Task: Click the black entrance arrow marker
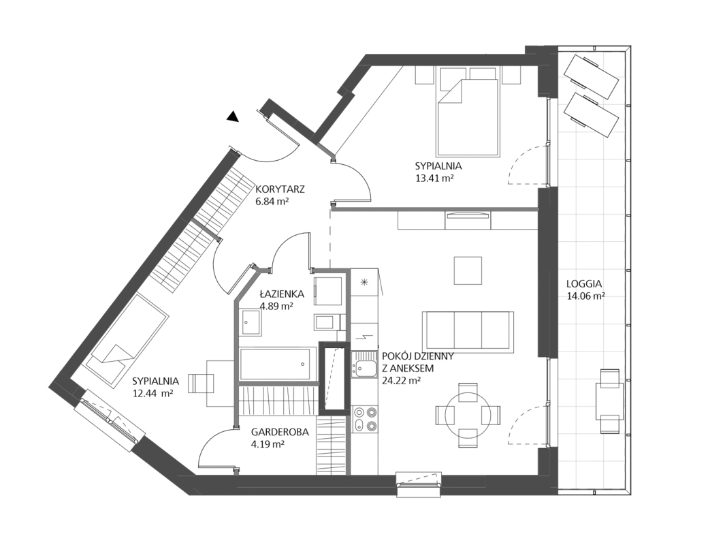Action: click(233, 117)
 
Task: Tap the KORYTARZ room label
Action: click(279, 189)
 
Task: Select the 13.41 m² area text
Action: click(434, 178)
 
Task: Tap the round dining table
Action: click(468, 414)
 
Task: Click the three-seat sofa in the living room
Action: click(468, 331)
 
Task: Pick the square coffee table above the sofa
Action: click(468, 270)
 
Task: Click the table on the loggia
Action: click(609, 401)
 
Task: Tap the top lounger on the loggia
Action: click(590, 74)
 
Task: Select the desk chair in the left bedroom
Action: click(199, 383)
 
